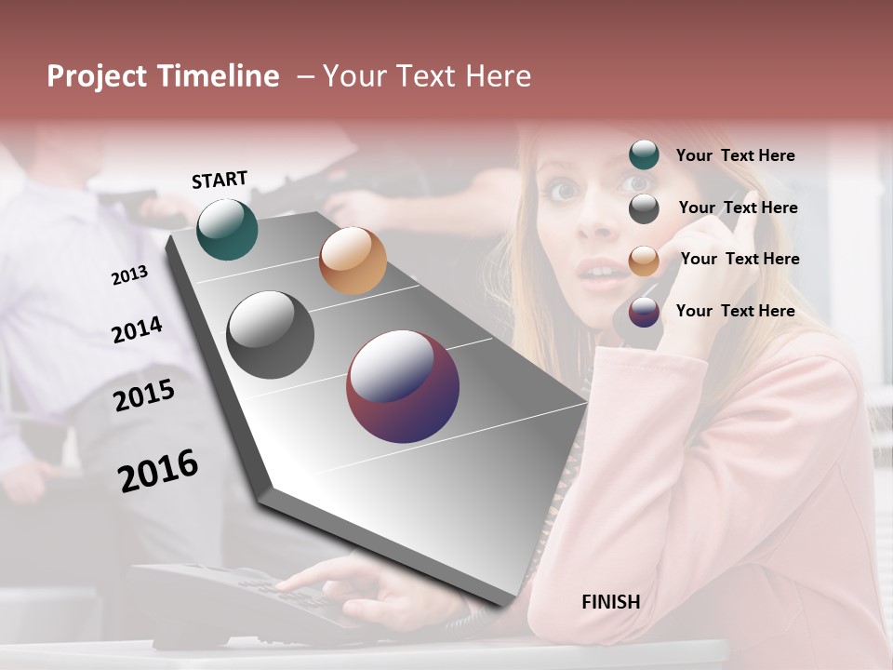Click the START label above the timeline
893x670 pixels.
220,180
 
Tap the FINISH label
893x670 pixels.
610,602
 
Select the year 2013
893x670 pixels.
129,275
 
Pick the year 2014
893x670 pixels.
137,330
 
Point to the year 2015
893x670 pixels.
144,396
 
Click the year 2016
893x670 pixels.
158,471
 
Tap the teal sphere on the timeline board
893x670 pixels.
227,229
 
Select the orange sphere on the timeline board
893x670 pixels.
353,261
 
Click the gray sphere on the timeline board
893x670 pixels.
270,335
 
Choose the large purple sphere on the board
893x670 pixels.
403,386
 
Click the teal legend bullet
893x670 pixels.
644,155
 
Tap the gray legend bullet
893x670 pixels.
644,208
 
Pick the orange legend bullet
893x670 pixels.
644,260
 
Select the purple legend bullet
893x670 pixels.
644,312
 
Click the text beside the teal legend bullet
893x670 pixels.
735,155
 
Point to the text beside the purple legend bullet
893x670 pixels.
735,311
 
